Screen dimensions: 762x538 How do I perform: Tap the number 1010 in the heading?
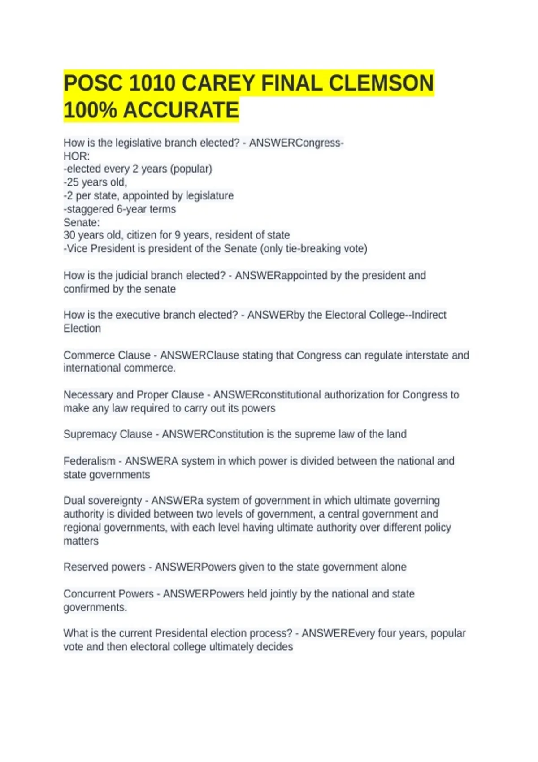tap(152, 83)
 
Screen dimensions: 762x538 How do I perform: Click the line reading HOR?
tap(77, 156)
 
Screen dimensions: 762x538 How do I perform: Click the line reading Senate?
tap(82, 222)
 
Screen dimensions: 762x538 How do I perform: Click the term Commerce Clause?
tap(107, 355)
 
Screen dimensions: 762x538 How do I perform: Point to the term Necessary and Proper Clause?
tap(134, 395)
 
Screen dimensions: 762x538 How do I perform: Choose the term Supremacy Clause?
tap(108, 434)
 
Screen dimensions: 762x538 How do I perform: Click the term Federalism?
tap(89, 461)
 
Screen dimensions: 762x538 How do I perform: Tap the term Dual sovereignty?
tap(103, 501)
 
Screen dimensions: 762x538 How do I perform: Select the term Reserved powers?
tap(104, 567)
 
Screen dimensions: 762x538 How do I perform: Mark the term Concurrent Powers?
tap(108, 594)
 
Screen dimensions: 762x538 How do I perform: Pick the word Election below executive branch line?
tap(82, 329)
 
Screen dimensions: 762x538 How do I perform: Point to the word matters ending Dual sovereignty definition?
tap(81, 541)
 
